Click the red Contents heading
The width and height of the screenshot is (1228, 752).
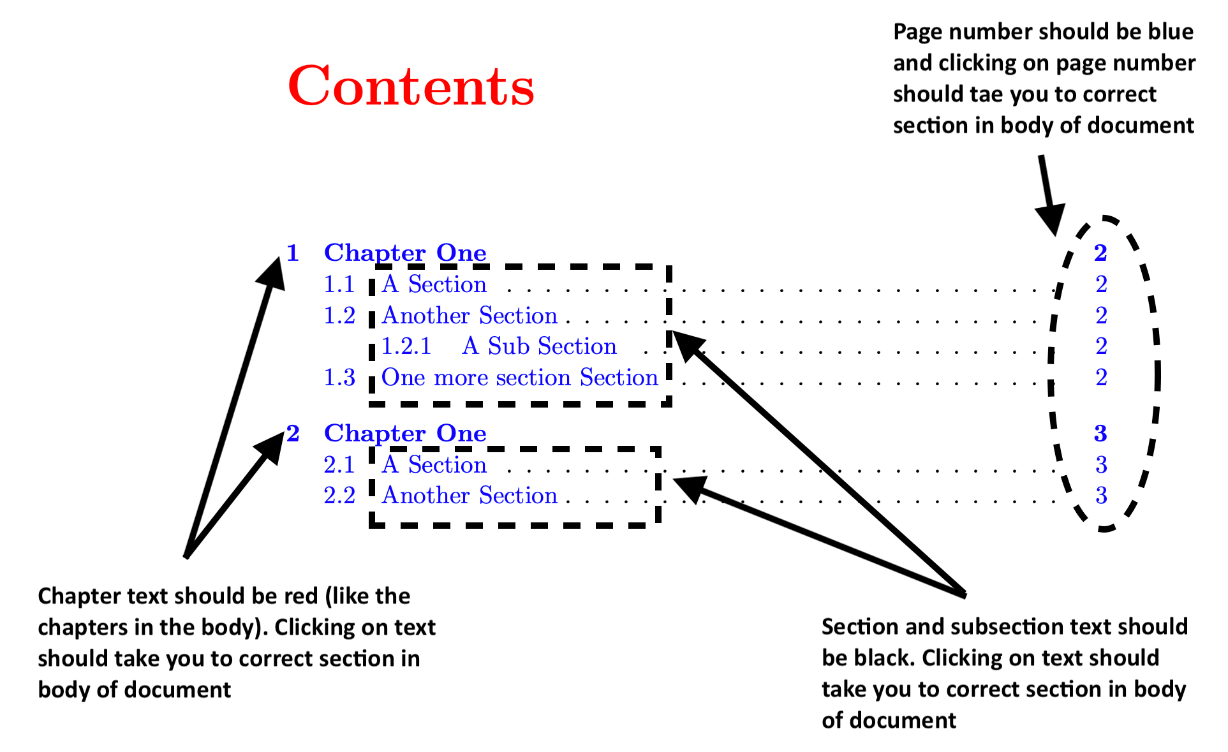(x=411, y=86)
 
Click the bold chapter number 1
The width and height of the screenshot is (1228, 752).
(x=293, y=253)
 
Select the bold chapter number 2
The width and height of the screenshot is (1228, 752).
(x=293, y=434)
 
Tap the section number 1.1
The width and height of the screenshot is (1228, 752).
(x=339, y=284)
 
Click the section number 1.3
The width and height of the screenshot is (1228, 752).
(x=339, y=378)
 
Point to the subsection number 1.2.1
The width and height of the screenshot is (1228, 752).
(x=406, y=346)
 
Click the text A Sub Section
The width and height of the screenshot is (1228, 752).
(x=539, y=346)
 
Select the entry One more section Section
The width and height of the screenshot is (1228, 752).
(x=519, y=378)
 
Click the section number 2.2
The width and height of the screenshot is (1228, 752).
(x=339, y=496)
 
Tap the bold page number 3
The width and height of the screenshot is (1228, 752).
(x=1100, y=434)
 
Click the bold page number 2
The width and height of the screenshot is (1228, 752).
(x=1100, y=253)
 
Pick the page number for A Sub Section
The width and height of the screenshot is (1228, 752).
(x=1101, y=346)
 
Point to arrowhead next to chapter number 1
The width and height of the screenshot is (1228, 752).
(x=273, y=271)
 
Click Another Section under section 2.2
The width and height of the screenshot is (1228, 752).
(x=470, y=496)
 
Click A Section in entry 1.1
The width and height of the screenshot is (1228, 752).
(x=434, y=284)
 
